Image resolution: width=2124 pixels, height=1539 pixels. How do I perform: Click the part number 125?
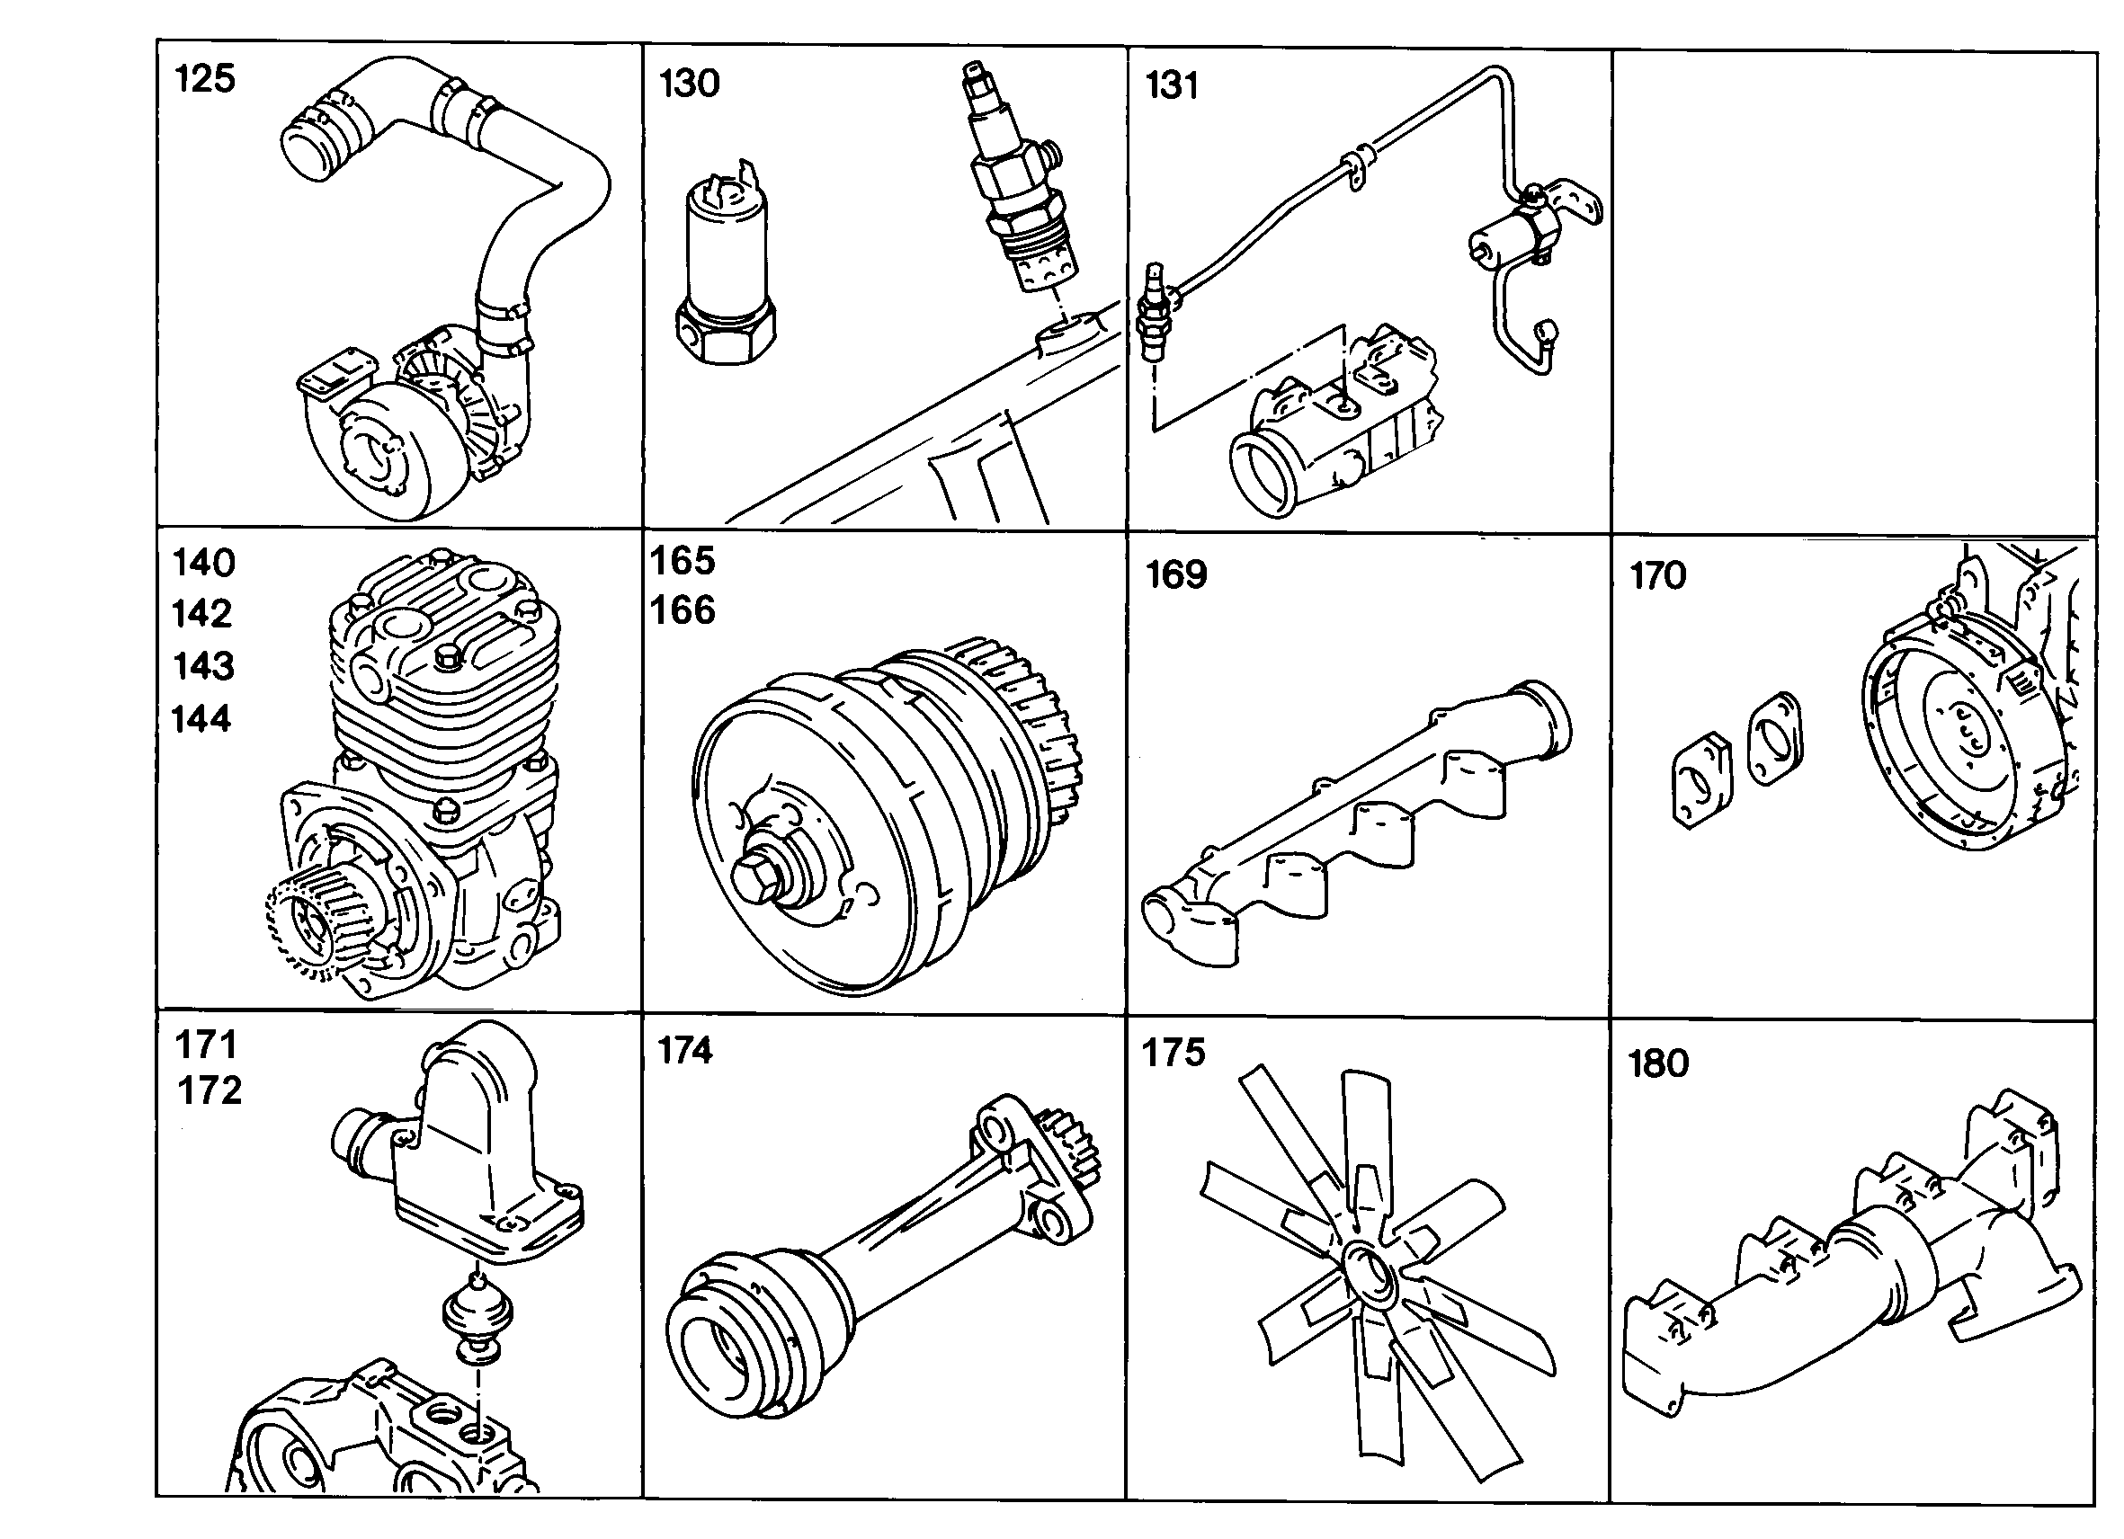click(x=204, y=78)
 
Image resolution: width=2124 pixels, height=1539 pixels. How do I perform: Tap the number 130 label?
click(x=690, y=84)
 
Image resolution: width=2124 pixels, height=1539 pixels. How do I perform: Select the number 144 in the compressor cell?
click(x=201, y=719)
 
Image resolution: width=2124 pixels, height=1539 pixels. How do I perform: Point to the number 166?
click(x=683, y=610)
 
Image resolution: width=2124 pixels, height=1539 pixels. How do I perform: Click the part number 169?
click(x=1176, y=574)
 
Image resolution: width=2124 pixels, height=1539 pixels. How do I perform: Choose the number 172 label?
click(x=210, y=1090)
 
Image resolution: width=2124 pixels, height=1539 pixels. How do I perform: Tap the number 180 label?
click(x=1658, y=1064)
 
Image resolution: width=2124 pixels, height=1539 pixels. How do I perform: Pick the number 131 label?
click(x=1172, y=86)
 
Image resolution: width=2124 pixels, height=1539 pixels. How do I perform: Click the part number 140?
click(x=204, y=564)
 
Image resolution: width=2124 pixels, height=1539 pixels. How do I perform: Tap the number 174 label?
click(x=684, y=1051)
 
